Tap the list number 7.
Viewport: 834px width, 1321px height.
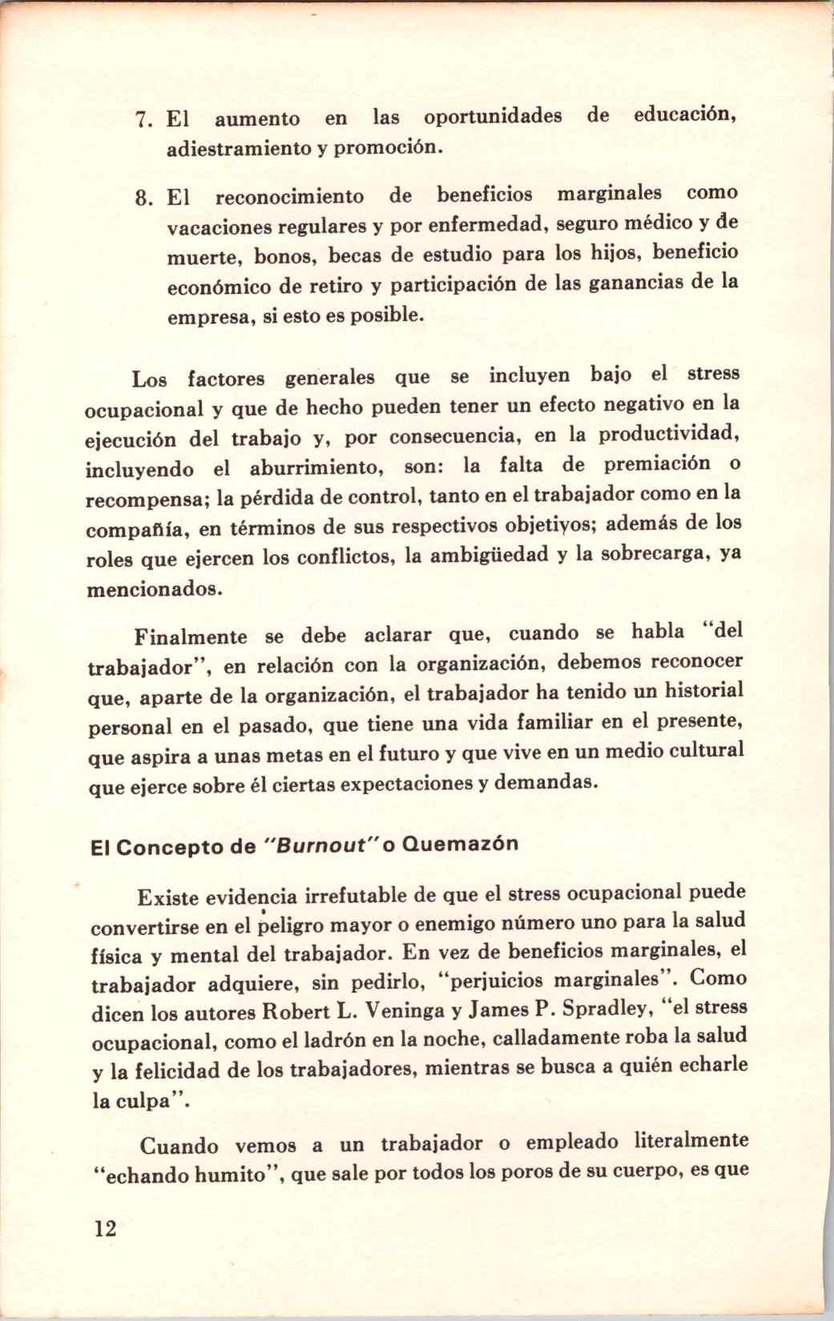coord(143,121)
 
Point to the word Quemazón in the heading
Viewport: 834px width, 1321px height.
coord(461,844)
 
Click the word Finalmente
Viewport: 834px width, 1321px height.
coord(191,638)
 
